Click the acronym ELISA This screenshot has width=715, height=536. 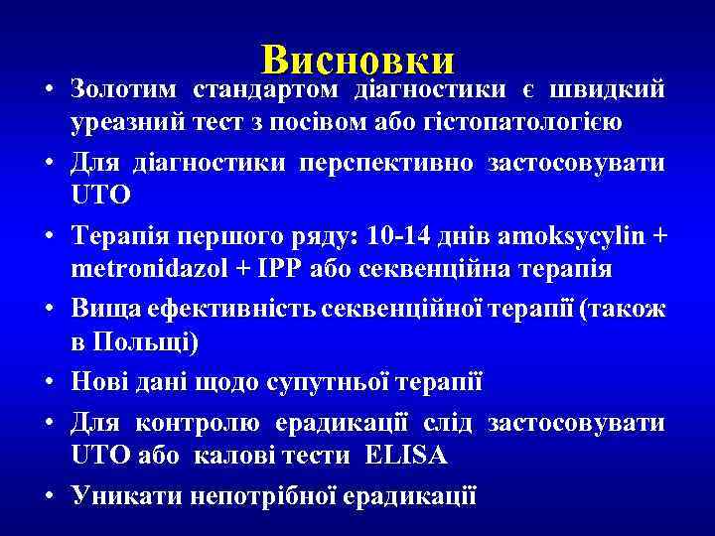tap(406, 457)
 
